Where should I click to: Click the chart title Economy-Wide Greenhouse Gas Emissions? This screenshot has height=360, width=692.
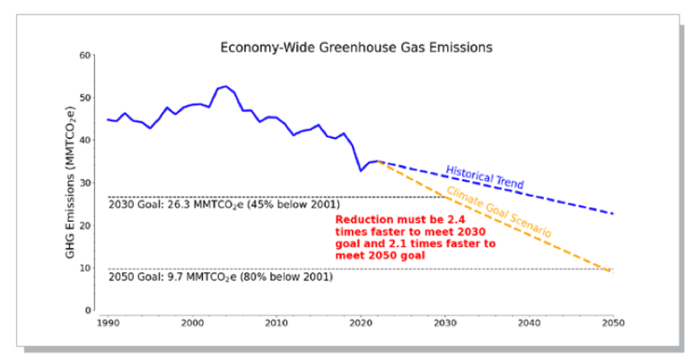pyautogui.click(x=356, y=48)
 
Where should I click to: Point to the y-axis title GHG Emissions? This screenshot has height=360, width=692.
pyautogui.click(x=69, y=183)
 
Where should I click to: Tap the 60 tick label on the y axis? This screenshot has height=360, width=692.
pyautogui.click(x=86, y=56)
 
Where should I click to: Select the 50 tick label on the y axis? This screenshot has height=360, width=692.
pyautogui.click(x=86, y=98)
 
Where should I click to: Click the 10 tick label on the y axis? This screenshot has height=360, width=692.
pyautogui.click(x=86, y=268)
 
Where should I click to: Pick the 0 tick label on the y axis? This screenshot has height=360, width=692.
pyautogui.click(x=89, y=311)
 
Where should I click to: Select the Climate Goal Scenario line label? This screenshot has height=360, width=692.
pyautogui.click(x=499, y=214)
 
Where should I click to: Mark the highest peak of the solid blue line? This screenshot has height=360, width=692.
pyautogui.click(x=226, y=86)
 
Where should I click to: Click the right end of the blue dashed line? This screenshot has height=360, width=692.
pyautogui.click(x=614, y=214)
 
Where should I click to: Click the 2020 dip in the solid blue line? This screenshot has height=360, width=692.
pyautogui.click(x=361, y=171)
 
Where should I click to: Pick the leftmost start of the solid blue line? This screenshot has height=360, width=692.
pyautogui.click(x=108, y=119)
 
